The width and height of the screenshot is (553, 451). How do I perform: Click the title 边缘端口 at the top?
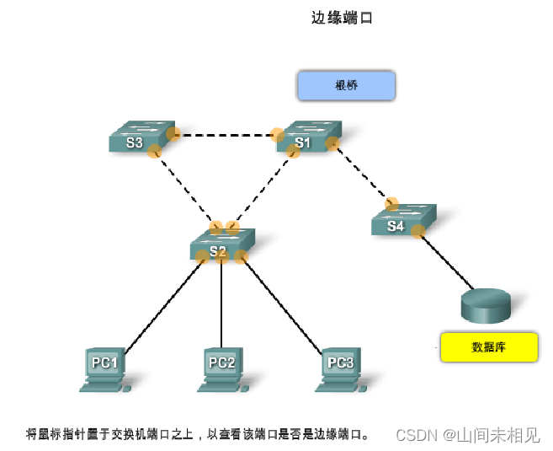pyautogui.click(x=342, y=17)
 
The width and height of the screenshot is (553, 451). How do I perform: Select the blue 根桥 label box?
pyautogui.click(x=346, y=86)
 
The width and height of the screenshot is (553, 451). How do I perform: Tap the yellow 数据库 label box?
pyautogui.click(x=488, y=346)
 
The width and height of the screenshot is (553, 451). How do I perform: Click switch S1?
pyautogui.click(x=307, y=138)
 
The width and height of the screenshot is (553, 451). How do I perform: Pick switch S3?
pyautogui.click(x=140, y=138)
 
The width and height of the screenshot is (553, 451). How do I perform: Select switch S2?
pyautogui.click(x=221, y=246)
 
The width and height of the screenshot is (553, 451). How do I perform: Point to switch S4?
pyautogui.click(x=402, y=222)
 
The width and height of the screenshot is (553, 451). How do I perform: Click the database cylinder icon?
pyautogui.click(x=486, y=305)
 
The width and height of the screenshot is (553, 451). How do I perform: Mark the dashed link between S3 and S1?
pyautogui.click(x=225, y=134)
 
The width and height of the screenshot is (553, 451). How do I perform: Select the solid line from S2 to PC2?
pyautogui.click(x=221, y=303)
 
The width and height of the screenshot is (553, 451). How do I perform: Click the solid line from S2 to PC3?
pyautogui.click(x=282, y=303)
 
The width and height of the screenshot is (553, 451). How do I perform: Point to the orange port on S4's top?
pyautogui.click(x=391, y=203)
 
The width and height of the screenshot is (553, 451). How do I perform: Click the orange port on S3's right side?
pyautogui.click(x=173, y=133)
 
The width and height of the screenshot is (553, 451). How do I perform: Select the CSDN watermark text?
pyautogui.click(x=467, y=435)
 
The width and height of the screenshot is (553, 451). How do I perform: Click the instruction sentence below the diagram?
pyautogui.click(x=198, y=435)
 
